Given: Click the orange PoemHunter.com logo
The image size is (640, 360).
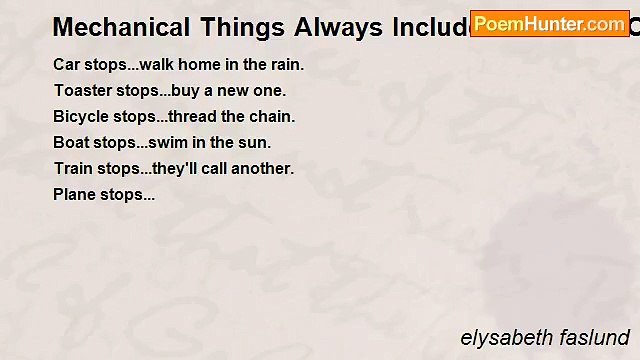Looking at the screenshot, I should click(549, 23).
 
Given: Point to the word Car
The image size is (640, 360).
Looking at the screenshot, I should click(67, 65).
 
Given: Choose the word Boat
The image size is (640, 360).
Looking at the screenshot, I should click(71, 143).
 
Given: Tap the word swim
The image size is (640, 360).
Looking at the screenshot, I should click(176, 143).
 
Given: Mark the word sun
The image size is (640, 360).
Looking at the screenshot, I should click(257, 143).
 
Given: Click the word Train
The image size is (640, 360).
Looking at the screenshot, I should click(73, 169).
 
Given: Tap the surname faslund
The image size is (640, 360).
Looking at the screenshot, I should click(594, 338).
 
